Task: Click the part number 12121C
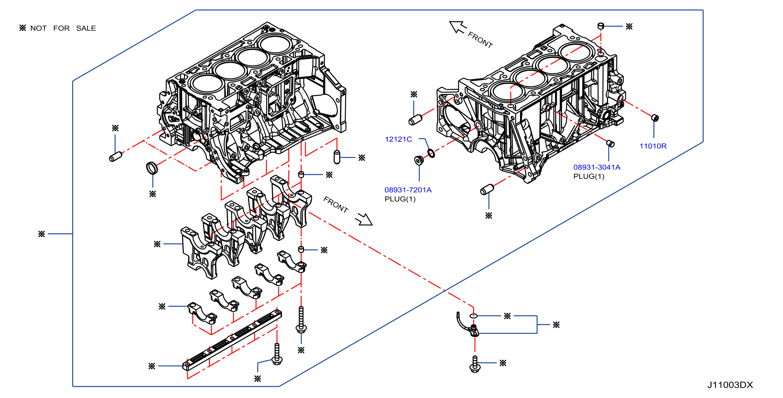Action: [x=398, y=139]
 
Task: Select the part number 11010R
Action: [x=653, y=146]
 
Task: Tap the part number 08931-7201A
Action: [x=408, y=190]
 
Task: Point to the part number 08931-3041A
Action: [x=597, y=167]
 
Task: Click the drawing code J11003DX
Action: [x=730, y=385]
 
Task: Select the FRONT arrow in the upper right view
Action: [x=458, y=27]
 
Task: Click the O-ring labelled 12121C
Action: [x=431, y=153]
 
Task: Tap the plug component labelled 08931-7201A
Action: [x=419, y=160]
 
